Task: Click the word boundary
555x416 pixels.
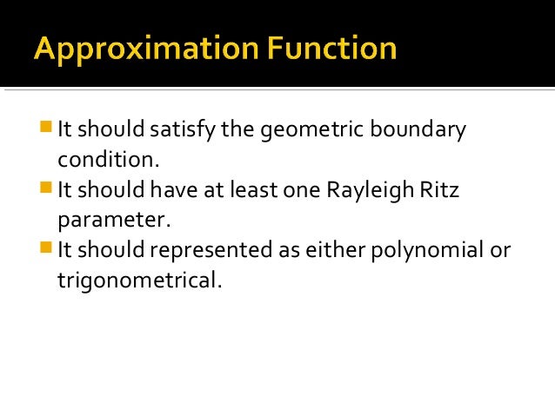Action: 421,131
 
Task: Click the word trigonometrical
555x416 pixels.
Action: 134,280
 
